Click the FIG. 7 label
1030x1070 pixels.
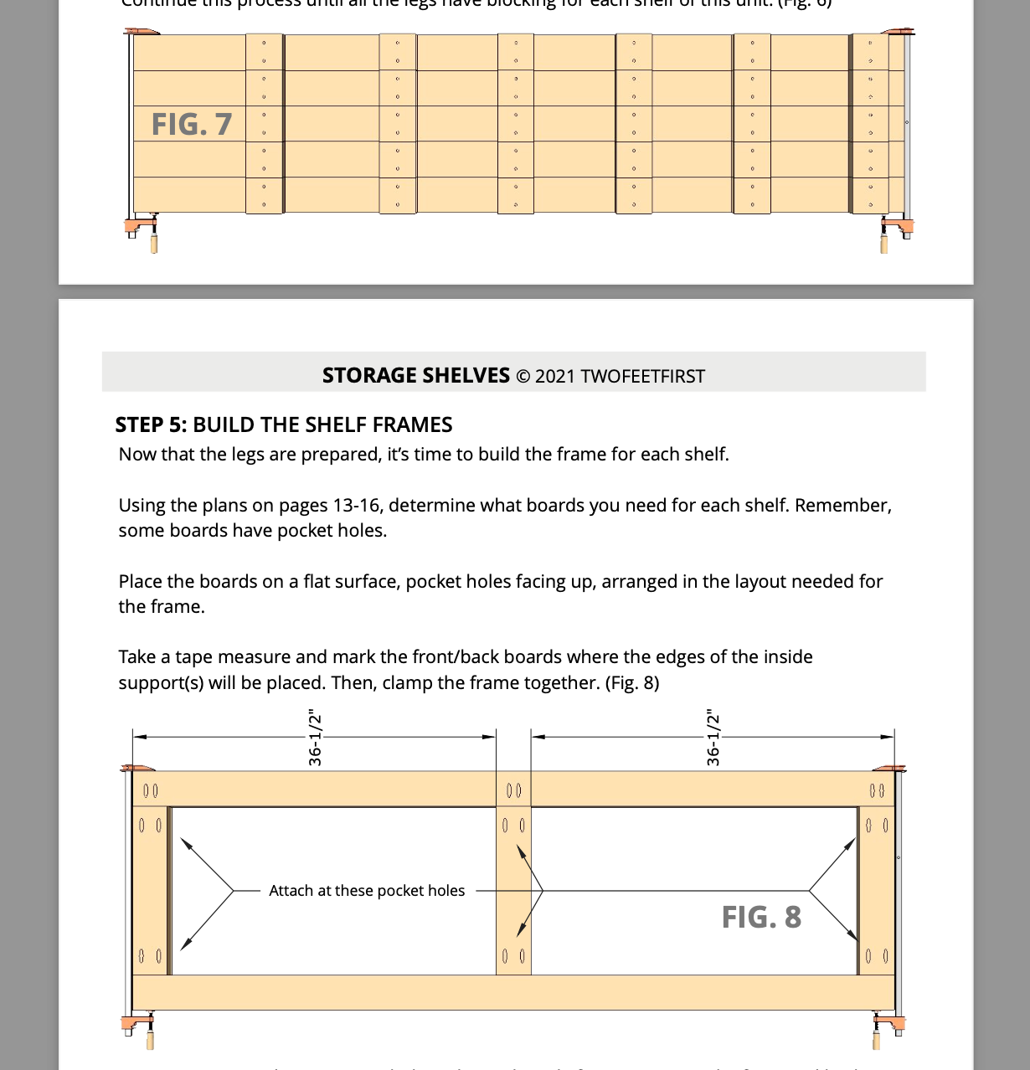tap(191, 124)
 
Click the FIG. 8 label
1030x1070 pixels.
tap(761, 917)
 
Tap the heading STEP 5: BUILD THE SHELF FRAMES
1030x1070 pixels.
tap(283, 424)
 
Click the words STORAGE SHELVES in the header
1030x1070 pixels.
tap(415, 375)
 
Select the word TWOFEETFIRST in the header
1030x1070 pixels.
tap(642, 376)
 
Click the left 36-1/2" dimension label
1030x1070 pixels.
tap(315, 738)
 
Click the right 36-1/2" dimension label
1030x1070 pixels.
tap(713, 738)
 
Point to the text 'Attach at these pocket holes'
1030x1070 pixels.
tap(367, 891)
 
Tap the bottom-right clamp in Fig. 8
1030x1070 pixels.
tap(887, 1028)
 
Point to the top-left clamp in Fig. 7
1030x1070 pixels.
tap(142, 33)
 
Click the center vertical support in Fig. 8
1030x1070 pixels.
tap(513, 891)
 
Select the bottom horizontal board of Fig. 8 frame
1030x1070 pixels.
tap(513, 992)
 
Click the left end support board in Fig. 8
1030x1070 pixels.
tap(151, 891)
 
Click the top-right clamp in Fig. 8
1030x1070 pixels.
tap(888, 768)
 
